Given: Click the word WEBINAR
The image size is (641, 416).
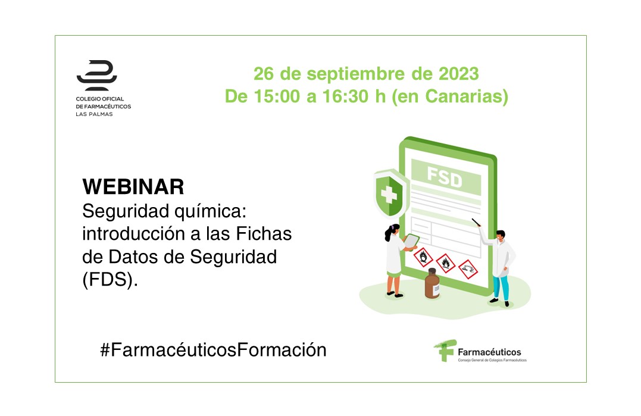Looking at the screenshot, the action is (x=133, y=187).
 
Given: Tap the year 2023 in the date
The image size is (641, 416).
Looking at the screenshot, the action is (x=458, y=74).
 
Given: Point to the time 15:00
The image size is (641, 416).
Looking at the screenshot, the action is (x=277, y=96).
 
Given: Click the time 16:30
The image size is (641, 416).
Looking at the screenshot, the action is (x=346, y=96).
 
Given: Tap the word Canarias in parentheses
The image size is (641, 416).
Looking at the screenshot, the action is (x=463, y=96).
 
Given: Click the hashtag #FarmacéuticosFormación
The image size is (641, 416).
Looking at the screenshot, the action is (x=214, y=350).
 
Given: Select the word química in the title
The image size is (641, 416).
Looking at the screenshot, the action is (x=210, y=212).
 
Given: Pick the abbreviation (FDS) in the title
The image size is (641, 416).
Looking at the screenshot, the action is (x=110, y=280).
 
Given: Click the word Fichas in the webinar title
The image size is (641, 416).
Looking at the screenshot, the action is (x=264, y=234).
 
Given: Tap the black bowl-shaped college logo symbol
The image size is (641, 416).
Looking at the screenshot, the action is (x=97, y=75).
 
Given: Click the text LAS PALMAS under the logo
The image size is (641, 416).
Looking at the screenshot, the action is (x=94, y=114).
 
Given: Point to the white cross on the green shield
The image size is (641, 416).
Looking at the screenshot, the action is (x=389, y=195).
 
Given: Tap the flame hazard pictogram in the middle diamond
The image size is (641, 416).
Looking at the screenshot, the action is (x=446, y=263).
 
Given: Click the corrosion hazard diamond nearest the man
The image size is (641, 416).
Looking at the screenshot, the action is (x=468, y=269).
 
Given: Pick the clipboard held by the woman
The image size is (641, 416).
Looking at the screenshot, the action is (x=411, y=242).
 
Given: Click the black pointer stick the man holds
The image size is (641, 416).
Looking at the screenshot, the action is (x=476, y=223).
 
